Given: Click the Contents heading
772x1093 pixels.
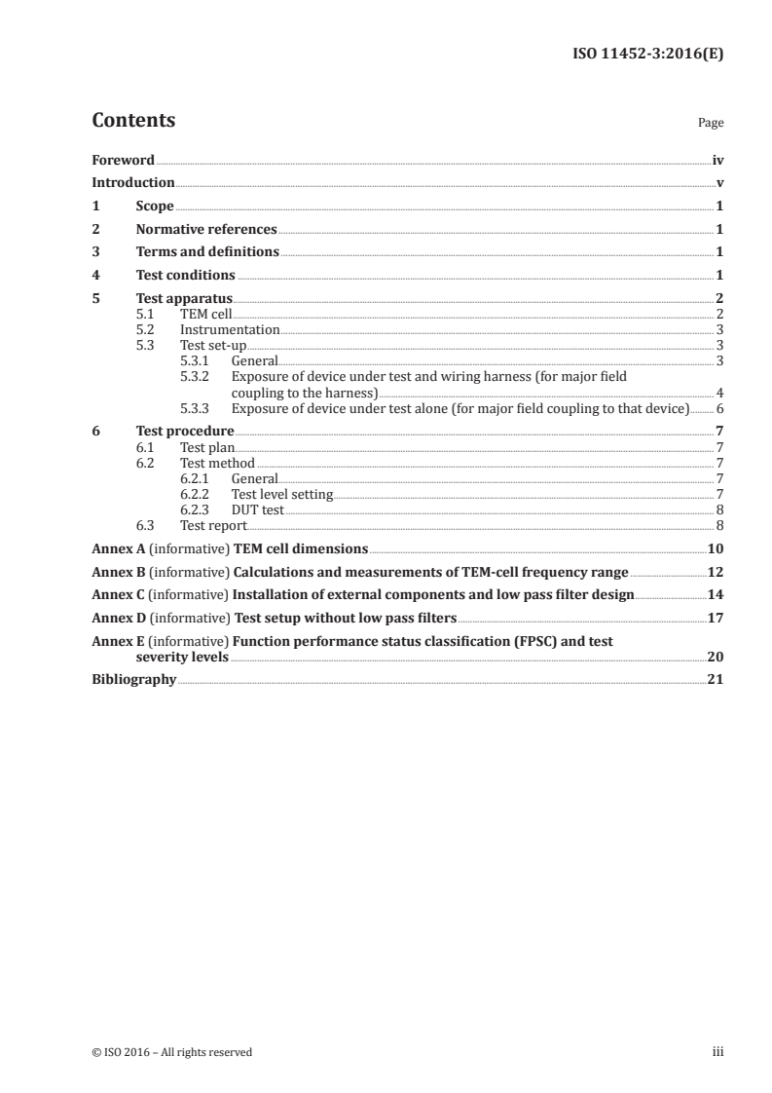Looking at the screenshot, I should pos(133,121).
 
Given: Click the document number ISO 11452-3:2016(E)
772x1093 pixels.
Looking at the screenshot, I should pos(646,55).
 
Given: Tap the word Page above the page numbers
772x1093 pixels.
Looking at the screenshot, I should pos(710,124).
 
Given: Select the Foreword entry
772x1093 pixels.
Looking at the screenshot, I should pos(123,160).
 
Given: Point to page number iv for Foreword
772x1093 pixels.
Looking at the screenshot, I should pos(717,160).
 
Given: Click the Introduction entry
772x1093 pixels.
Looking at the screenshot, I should pos(133,182).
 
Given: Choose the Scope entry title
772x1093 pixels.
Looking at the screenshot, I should pos(155,206).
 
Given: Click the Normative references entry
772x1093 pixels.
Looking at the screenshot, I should pos(206,229).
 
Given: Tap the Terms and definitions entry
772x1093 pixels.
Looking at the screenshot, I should pos(207,252).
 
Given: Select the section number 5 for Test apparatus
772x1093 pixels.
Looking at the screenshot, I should pos(95,298).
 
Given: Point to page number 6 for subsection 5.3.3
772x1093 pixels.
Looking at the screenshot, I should pos(719,407).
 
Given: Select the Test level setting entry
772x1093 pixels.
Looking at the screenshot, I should pos(282,494).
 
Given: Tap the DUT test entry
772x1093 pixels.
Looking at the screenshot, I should pos(258,509).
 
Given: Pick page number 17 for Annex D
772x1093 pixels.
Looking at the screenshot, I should pos(715,618).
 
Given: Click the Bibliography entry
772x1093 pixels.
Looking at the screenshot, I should pos(133,679).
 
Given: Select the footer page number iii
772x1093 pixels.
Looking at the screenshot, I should pos(717,1052).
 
